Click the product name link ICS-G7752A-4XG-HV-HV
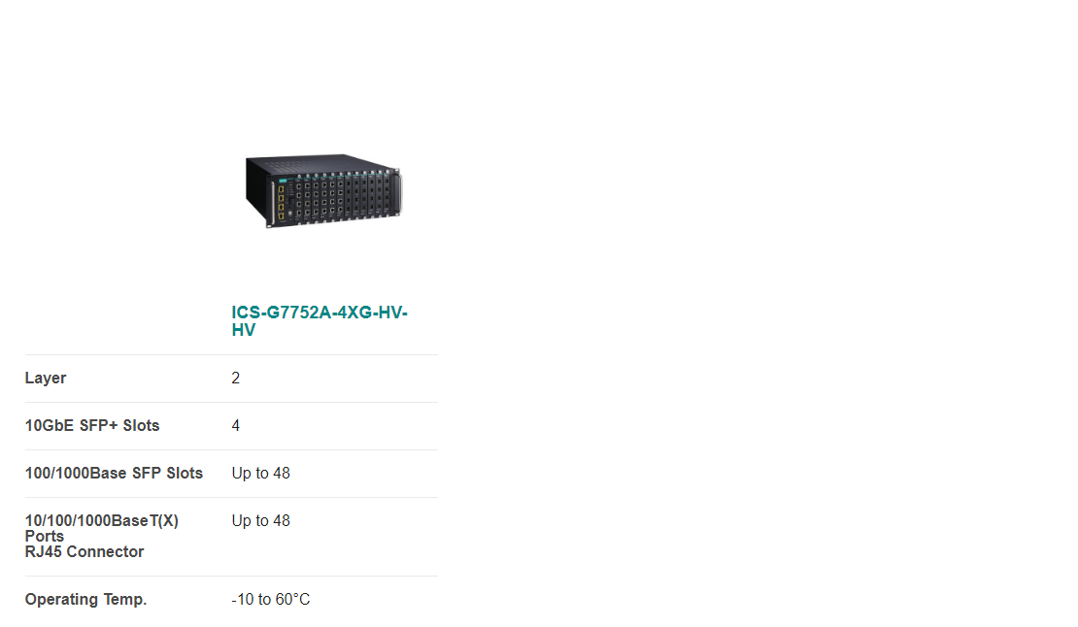pos(320,320)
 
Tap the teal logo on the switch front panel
pos(282,180)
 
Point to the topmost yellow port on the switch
pos(282,189)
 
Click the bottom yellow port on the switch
pos(282,215)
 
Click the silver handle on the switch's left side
pos(273,203)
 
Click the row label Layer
pos(46,379)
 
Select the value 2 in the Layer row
pos(236,379)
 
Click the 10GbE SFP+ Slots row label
pos(92,426)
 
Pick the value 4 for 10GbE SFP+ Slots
pos(236,426)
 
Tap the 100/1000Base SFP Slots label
pos(115,474)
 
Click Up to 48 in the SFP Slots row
pos(260,474)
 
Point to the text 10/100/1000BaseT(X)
pos(102,520)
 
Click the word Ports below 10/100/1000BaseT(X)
pos(45,537)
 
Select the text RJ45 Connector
pos(84,552)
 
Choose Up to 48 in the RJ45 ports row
pos(260,520)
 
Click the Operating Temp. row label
pos(85,600)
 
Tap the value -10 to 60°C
pos(271,600)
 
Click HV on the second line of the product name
pos(244,330)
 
